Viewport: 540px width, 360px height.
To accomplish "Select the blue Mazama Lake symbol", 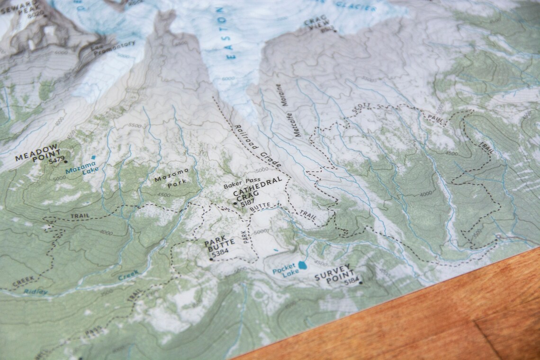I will (93, 157).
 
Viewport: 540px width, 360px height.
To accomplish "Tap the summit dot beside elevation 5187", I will (235, 204).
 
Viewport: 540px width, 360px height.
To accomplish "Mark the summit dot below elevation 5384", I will (211, 259).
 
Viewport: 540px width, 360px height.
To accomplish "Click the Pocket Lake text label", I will (284, 270).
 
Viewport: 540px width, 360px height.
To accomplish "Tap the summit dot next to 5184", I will (360, 283).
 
